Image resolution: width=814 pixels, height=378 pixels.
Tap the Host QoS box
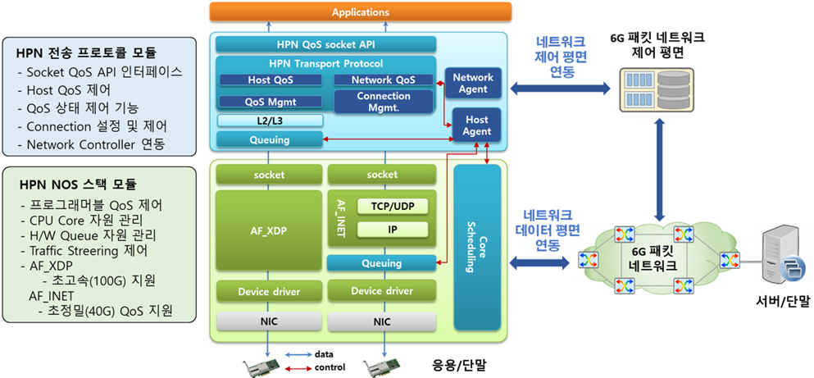coord(271,80)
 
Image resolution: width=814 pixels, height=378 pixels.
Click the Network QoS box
coord(383,80)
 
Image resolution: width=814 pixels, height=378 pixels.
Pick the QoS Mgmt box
coord(271,102)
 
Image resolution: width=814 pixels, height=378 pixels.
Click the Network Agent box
coord(473,84)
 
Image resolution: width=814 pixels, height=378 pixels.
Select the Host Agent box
coord(476,125)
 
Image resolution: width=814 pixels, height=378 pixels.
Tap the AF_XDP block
coord(268,231)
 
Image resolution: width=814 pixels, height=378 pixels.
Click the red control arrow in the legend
coord(297,367)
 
